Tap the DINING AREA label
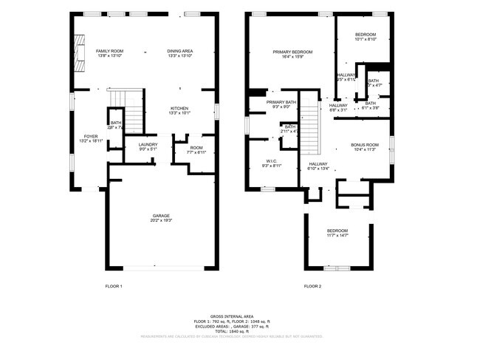point(179,50)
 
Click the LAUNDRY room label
point(149,146)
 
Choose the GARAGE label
point(162,216)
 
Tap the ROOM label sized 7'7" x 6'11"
point(196,148)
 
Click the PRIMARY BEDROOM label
point(292,52)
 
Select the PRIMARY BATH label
point(281,102)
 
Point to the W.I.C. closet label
point(271,162)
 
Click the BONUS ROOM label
point(364,146)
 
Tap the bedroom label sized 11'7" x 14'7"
point(337,231)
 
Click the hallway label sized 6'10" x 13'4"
point(318,164)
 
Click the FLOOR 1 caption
point(114,285)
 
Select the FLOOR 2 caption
point(312,285)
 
